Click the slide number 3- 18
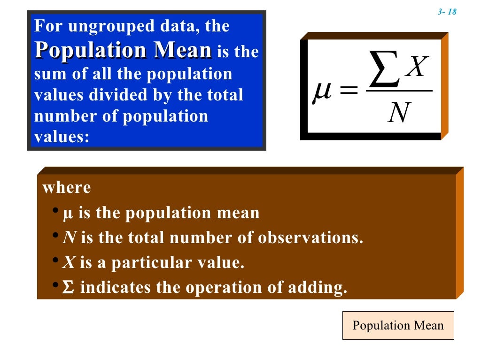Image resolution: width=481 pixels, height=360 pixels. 447,12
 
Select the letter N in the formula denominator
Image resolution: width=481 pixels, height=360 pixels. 399,113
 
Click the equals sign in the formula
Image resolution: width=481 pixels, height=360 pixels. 347,90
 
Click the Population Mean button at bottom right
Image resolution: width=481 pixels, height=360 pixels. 398,325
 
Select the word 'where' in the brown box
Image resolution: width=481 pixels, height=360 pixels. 67,188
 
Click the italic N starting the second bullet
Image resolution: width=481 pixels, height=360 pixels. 70,238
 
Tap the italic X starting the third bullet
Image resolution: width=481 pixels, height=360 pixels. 69,263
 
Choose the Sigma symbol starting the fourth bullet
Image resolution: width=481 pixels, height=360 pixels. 68,288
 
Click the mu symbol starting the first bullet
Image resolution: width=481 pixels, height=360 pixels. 68,214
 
